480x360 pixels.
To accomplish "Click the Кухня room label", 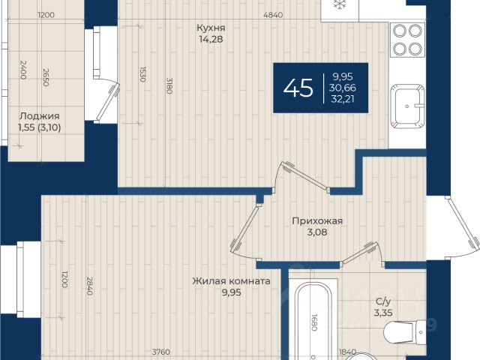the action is pyautogui.click(x=211, y=28).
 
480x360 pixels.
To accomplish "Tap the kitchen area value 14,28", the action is pyautogui.click(x=211, y=39).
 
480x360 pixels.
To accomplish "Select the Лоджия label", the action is pyautogui.click(x=40, y=116).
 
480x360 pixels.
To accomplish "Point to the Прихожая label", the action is pyautogui.click(x=317, y=220).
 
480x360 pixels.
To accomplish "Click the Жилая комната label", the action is pyautogui.click(x=232, y=281).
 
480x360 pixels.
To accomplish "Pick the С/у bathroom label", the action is pyautogui.click(x=383, y=301).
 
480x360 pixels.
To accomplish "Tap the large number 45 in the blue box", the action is pyautogui.click(x=298, y=88).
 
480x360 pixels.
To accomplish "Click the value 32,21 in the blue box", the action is pyautogui.click(x=343, y=99).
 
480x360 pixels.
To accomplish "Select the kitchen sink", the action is pyautogui.click(x=407, y=106).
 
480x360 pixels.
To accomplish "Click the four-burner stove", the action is pyautogui.click(x=407, y=40).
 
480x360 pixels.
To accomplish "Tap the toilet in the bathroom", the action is pyautogui.click(x=405, y=332).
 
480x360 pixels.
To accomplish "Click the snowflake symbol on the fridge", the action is pyautogui.click(x=339, y=4).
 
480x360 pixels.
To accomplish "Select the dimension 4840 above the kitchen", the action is pyautogui.click(x=273, y=15).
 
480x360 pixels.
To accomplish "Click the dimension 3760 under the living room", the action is pyautogui.click(x=161, y=352).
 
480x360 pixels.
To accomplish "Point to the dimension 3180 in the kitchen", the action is pyautogui.click(x=169, y=85).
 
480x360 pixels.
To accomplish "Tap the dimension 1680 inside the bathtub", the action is pyautogui.click(x=313, y=322).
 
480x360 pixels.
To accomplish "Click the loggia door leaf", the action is pyautogui.click(x=106, y=102).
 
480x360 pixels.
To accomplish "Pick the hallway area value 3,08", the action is pyautogui.click(x=317, y=232).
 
